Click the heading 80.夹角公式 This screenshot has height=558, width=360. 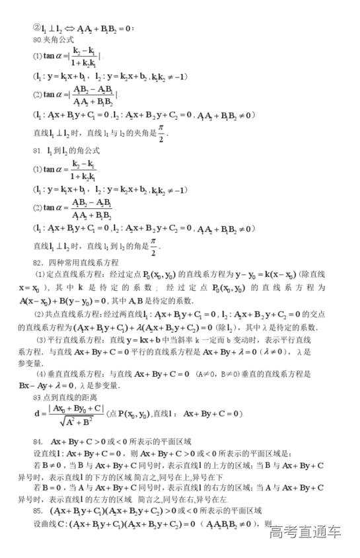coord(50,40)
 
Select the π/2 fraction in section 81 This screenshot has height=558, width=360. coord(153,247)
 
